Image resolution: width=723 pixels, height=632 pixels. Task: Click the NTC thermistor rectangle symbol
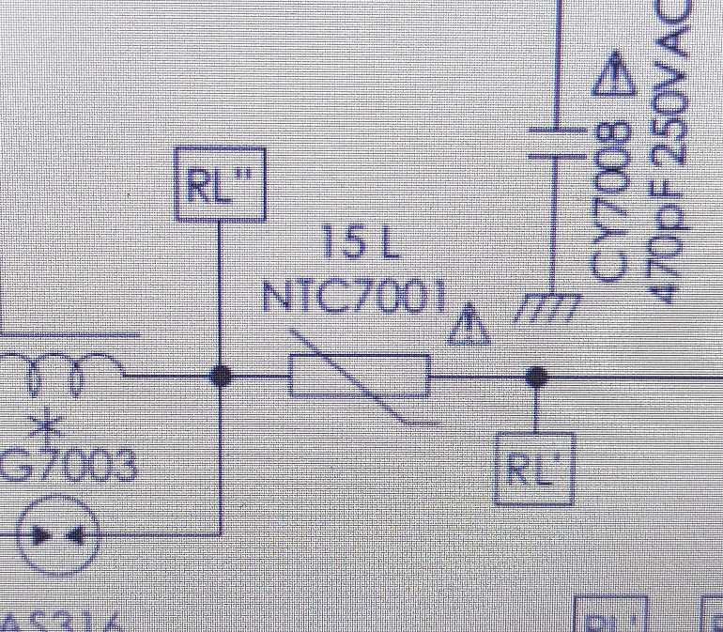click(x=361, y=377)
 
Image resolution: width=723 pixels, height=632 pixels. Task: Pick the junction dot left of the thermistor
click(x=222, y=376)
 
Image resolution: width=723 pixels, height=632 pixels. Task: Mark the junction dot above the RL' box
click(x=536, y=377)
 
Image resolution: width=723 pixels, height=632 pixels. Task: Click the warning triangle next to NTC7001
click(x=469, y=326)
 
